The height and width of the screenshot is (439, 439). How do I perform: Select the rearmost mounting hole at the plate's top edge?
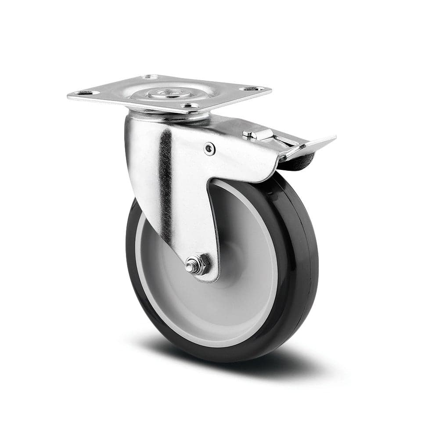pyautogui.click(x=151, y=77)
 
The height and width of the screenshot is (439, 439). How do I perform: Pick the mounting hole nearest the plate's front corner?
pyautogui.click(x=189, y=106)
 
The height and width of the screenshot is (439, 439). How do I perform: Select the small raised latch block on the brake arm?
pyautogui.click(x=254, y=133)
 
